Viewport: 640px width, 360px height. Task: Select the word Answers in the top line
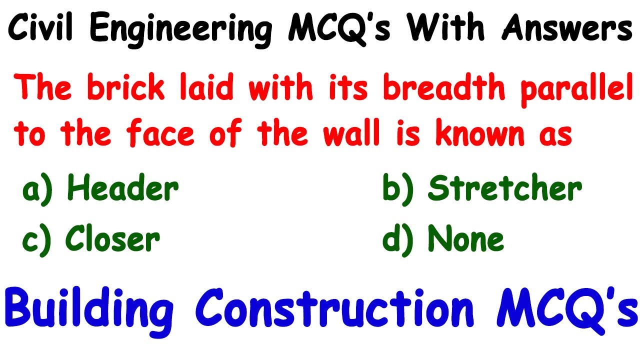pos(567,29)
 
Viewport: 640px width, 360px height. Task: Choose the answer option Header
pos(123,188)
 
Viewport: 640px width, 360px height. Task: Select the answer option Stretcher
pos(505,188)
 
